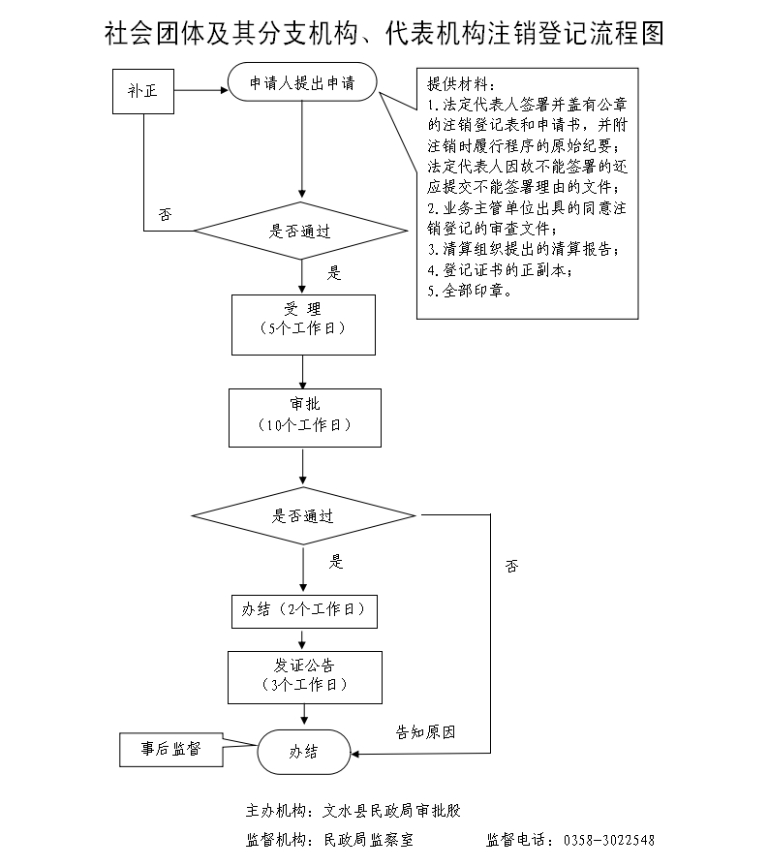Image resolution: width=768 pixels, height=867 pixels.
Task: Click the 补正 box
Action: coord(143,92)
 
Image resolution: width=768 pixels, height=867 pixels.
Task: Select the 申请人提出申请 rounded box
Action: coord(302,84)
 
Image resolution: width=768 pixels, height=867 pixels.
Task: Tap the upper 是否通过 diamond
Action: coord(299,232)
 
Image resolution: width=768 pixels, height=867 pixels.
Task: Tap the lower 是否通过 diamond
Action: coord(302,516)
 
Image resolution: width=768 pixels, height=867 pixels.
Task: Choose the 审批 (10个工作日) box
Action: coord(304,418)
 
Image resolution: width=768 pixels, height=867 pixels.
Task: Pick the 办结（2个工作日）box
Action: coord(303,610)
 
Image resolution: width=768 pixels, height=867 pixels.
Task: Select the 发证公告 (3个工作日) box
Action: coord(304,675)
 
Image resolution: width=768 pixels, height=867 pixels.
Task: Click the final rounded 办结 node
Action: coord(304,752)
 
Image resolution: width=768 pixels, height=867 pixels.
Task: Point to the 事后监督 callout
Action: coord(169,749)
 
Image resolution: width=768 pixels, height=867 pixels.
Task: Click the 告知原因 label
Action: coord(425,732)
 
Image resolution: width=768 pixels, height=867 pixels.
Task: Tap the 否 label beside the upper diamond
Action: coord(166,214)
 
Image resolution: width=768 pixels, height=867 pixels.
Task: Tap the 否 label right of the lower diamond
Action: coord(511,565)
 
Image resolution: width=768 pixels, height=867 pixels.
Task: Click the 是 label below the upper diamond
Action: coord(334,273)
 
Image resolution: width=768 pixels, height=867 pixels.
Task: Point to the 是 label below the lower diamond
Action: coord(337,561)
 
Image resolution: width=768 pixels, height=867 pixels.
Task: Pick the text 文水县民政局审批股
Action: coord(398,810)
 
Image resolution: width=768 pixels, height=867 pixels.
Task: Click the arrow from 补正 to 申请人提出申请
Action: coord(200,92)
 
